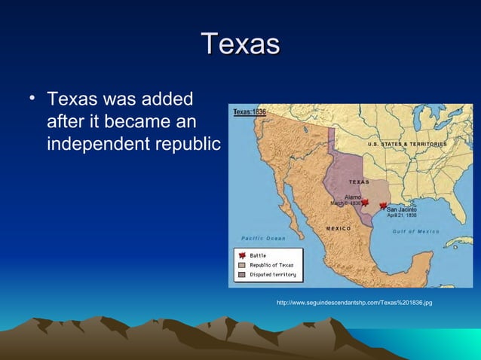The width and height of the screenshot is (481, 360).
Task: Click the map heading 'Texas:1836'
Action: [x=250, y=111]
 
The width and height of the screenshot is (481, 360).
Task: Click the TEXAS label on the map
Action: [x=359, y=182]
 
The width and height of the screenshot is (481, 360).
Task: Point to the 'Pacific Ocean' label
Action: [x=263, y=238]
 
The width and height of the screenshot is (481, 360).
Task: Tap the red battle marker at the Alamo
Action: [x=365, y=202]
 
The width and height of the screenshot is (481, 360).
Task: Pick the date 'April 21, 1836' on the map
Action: [x=402, y=215]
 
